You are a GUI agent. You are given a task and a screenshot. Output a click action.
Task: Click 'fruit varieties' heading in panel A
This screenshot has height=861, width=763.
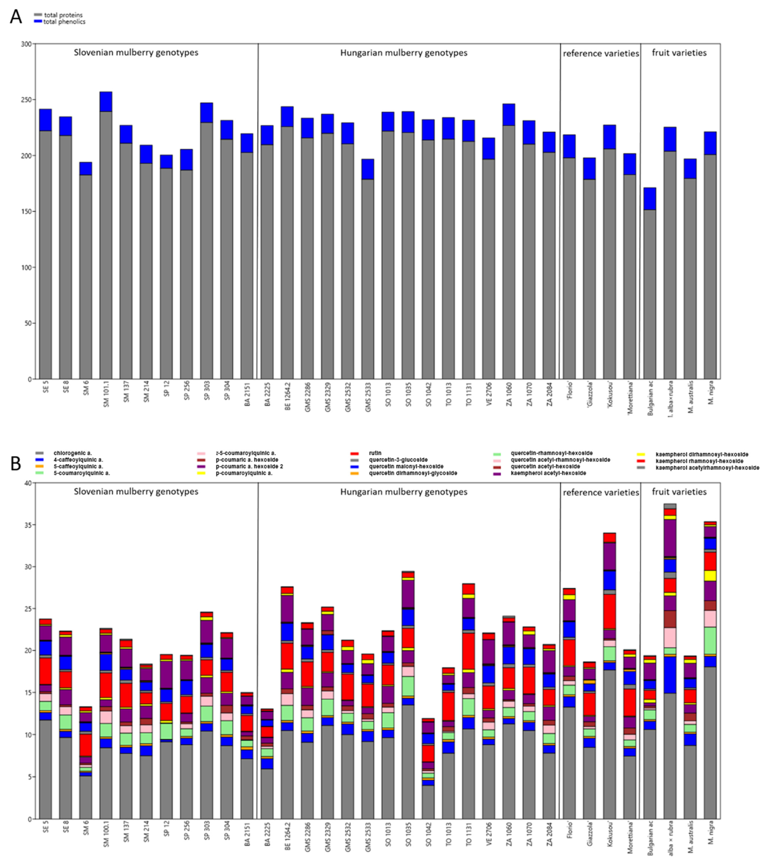click(679, 53)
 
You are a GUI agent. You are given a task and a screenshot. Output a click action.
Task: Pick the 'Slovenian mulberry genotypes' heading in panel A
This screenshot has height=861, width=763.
click(136, 53)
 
